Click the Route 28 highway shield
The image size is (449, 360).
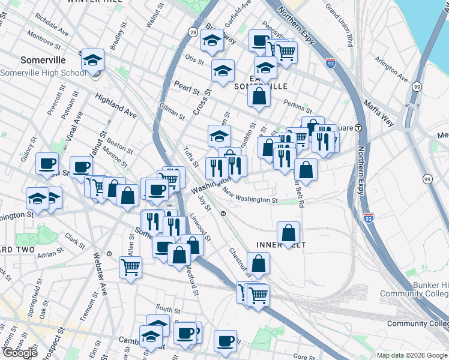[x=193, y=31]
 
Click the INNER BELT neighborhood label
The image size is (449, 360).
[x=277, y=245]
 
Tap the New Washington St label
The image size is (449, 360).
[x=249, y=196]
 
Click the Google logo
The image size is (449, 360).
[x=19, y=353]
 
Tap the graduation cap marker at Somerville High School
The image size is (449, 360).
[x=93, y=59]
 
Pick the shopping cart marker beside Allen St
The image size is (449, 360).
[x=130, y=267]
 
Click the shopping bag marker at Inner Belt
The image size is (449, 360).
[x=289, y=233]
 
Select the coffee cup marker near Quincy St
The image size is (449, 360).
[x=47, y=163]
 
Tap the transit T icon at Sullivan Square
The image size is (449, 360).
[x=358, y=127]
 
